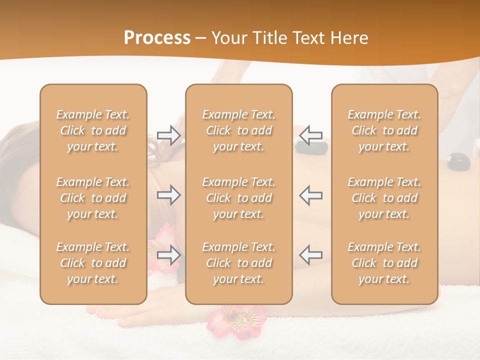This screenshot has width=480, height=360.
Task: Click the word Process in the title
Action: click(x=157, y=38)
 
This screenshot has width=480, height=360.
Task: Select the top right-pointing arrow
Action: click(x=168, y=135)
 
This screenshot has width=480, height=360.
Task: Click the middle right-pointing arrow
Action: click(x=168, y=195)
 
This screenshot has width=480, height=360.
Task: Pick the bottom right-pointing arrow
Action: click(x=168, y=254)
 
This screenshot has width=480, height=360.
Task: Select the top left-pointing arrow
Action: click(x=310, y=135)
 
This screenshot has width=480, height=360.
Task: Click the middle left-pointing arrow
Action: click(x=310, y=195)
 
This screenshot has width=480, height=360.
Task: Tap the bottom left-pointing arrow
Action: click(x=310, y=254)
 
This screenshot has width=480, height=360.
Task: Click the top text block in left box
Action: click(x=93, y=130)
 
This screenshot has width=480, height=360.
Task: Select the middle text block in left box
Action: click(x=93, y=198)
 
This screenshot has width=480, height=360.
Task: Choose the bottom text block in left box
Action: click(x=93, y=263)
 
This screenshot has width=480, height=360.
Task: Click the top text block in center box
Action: click(x=238, y=130)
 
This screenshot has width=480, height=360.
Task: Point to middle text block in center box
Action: click(x=238, y=198)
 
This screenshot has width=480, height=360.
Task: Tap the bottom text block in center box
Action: click(x=238, y=263)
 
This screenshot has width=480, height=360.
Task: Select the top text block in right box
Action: click(x=384, y=130)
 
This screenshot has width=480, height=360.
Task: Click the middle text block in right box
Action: click(x=384, y=198)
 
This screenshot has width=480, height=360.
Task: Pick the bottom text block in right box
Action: click(x=384, y=263)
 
